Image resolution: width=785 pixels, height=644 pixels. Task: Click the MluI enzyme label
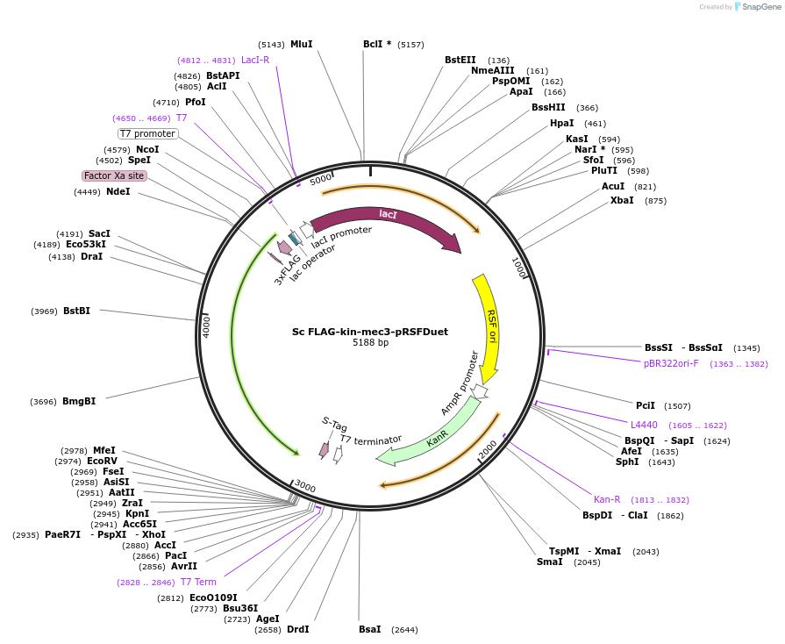pos(301,44)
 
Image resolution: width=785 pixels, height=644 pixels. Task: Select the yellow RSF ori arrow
pos(489,325)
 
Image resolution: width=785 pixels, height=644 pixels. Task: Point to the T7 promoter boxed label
pos(148,133)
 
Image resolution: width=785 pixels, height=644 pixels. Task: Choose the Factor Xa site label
pos(114,175)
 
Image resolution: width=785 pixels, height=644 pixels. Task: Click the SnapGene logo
pos(753,7)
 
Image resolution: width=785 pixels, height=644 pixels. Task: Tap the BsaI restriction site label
pos(370,629)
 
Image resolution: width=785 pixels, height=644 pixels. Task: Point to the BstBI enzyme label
pos(76,311)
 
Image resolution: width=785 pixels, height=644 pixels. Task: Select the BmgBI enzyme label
pos(79,401)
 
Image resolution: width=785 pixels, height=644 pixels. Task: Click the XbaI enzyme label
pos(622,200)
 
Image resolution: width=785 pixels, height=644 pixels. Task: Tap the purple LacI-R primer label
pos(255,60)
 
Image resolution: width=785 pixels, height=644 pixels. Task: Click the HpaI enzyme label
pos(562,123)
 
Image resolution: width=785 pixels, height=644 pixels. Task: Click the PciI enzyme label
pos(646,405)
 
